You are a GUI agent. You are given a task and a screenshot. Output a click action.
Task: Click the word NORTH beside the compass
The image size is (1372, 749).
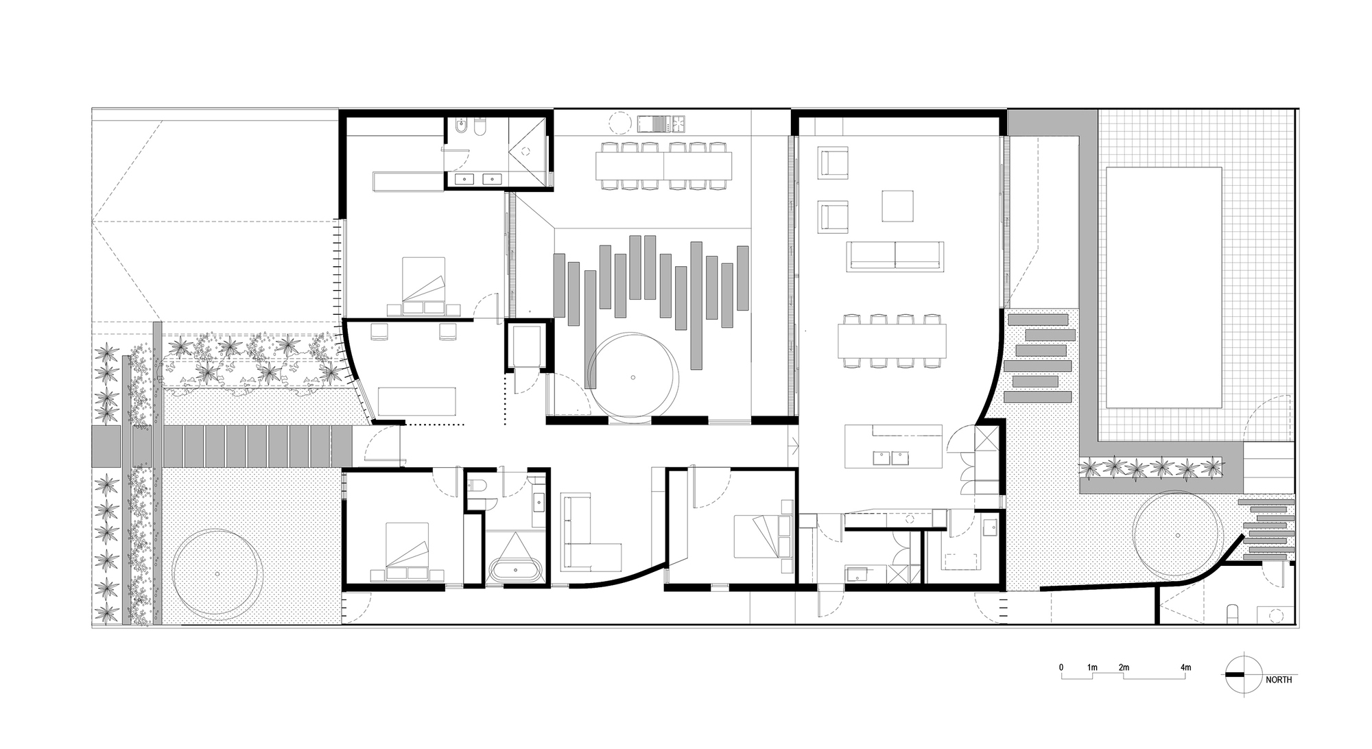pyautogui.click(x=1279, y=680)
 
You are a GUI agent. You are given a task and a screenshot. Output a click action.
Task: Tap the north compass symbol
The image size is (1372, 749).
pyautogui.click(x=1244, y=675)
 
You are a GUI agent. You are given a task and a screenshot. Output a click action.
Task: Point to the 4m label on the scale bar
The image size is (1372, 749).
pyautogui.click(x=1185, y=667)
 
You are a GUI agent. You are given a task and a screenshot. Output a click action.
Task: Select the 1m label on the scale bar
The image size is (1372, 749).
pyautogui.click(x=1092, y=667)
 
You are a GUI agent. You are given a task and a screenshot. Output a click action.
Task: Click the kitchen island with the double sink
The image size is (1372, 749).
pyautogui.click(x=894, y=446)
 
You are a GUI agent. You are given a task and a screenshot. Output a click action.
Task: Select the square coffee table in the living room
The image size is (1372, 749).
pyautogui.click(x=897, y=206)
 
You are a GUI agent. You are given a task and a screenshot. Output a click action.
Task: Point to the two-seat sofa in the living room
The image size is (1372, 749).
pyautogui.click(x=895, y=256)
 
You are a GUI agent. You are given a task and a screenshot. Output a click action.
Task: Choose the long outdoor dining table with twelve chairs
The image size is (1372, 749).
pyautogui.click(x=663, y=165)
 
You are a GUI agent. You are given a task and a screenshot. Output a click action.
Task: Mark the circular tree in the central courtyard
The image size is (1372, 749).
pyautogui.click(x=633, y=376)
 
